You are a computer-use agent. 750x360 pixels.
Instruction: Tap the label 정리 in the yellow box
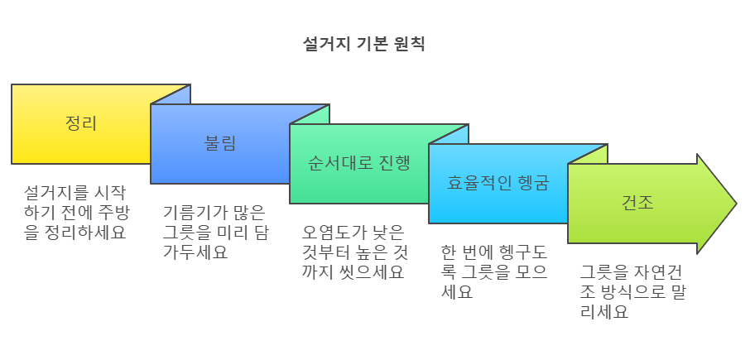click(x=81, y=124)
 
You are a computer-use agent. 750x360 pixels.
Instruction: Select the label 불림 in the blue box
click(x=220, y=142)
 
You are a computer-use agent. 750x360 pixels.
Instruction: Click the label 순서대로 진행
click(x=358, y=162)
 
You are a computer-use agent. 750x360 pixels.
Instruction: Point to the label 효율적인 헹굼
click(x=498, y=182)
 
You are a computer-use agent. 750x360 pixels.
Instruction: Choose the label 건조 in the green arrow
click(x=637, y=202)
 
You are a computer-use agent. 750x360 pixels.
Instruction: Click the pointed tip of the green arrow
click(x=733, y=204)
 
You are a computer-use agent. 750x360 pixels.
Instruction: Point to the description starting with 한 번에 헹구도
click(x=494, y=271)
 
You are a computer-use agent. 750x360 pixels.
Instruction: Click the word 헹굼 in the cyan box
click(x=531, y=182)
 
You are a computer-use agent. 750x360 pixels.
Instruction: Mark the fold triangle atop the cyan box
click(x=595, y=152)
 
